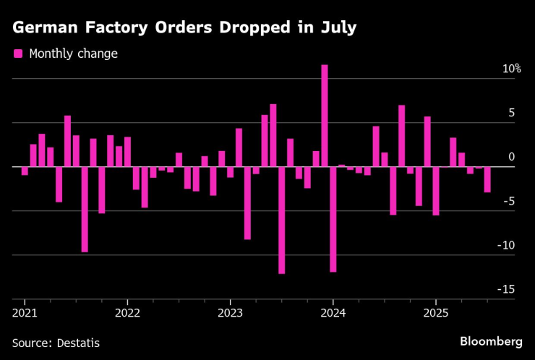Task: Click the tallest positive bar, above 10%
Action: [325, 116]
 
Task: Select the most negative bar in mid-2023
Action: [281, 220]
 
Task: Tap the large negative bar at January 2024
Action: [333, 219]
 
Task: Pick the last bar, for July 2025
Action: [487, 179]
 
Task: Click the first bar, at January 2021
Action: [25, 171]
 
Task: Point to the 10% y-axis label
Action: [512, 69]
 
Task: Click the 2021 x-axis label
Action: [25, 313]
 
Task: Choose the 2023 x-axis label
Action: [230, 313]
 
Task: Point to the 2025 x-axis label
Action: [435, 313]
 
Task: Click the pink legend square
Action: [18, 53]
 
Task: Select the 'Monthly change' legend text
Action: [73, 53]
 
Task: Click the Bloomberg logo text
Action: [491, 340]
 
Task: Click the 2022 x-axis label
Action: [127, 313]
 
